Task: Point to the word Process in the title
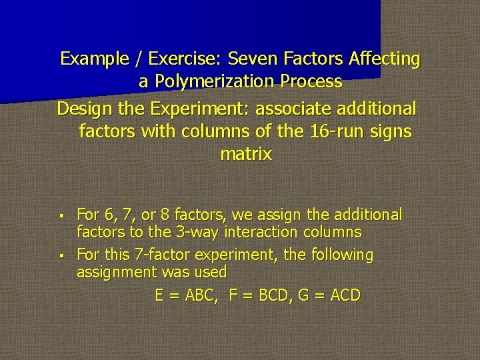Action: click(312, 82)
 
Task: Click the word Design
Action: click(81, 108)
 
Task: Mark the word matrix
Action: click(246, 155)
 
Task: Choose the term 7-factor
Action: click(166, 255)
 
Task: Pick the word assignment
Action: click(117, 272)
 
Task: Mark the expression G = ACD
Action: click(329, 295)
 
